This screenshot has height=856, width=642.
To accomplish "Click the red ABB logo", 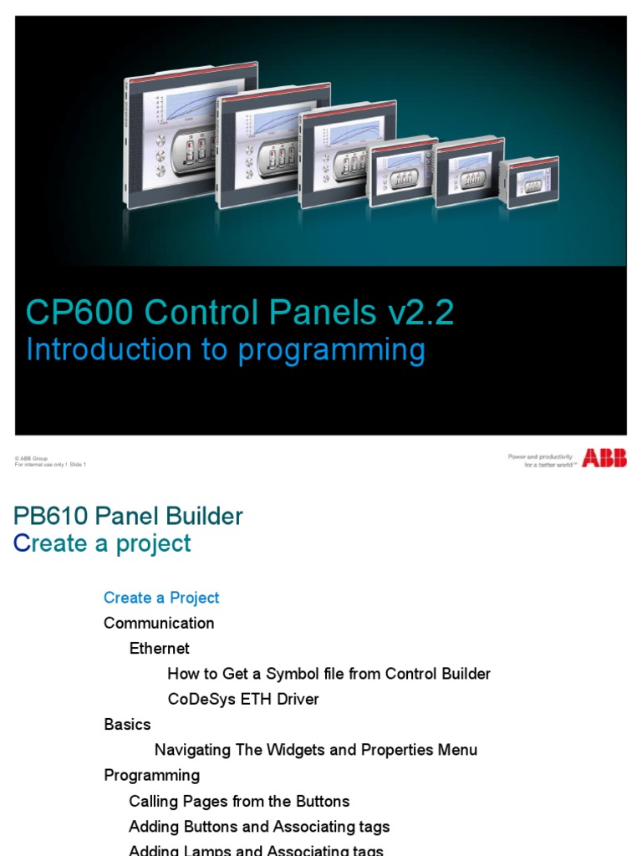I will pos(604,458).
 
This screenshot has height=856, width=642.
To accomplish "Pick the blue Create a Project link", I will pos(161,598).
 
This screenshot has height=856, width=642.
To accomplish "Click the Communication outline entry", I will pos(159,623).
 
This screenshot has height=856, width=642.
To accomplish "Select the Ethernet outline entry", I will pos(159,649).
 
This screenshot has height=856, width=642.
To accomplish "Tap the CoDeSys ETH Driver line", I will pos(243,699).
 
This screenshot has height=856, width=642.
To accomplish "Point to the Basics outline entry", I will pos(127,724).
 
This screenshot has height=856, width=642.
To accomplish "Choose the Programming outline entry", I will pos(151,775).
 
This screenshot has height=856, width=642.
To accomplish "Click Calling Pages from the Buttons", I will pos(239,801).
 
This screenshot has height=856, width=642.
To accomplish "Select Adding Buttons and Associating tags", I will pos(259,827).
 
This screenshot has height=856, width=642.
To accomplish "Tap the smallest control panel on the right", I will pos(532,182).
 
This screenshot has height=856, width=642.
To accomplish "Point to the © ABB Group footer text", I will pos(31,458).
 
